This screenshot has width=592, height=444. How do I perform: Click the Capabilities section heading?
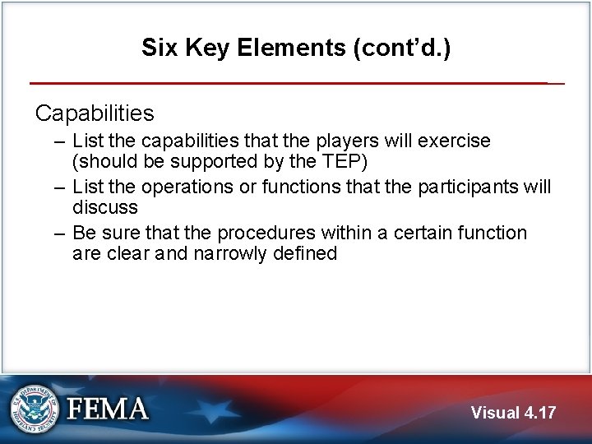tap(95, 112)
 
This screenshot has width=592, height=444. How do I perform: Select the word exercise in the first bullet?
tap(455, 141)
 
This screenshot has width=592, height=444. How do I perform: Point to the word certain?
tap(405, 234)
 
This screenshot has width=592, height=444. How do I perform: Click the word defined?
tap(307, 253)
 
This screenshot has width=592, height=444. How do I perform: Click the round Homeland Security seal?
tap(35, 409)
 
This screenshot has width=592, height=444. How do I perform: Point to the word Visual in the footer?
tap(495, 413)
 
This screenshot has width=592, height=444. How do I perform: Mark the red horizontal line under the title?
tap(288, 83)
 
